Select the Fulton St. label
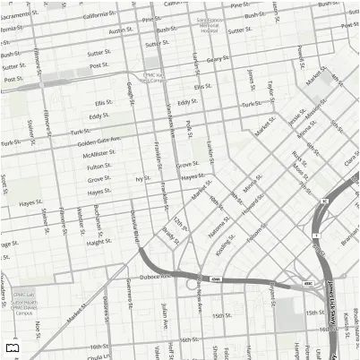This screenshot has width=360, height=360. tap(99, 167)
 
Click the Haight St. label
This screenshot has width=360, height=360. tap(99, 242)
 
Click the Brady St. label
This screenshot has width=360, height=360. tap(170, 235)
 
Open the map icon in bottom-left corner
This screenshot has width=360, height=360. tap(12, 348)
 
